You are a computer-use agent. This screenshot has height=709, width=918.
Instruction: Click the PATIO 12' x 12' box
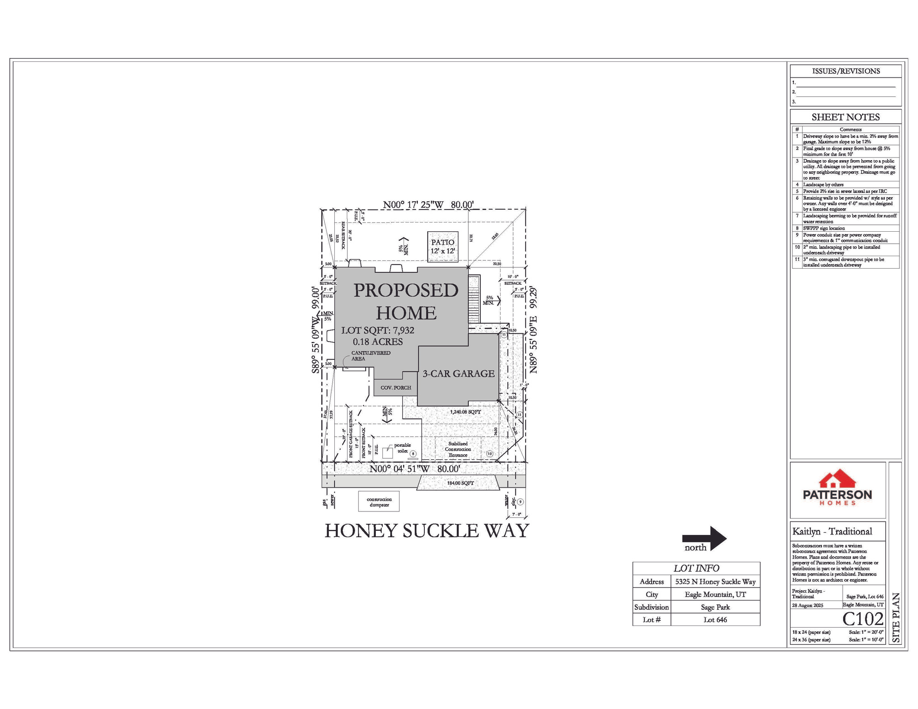tap(442, 246)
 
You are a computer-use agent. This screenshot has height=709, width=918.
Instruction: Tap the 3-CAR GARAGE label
tap(458, 373)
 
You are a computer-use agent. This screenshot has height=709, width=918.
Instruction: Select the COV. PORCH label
tap(395, 387)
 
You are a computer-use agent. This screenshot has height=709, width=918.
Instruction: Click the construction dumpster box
tap(379, 501)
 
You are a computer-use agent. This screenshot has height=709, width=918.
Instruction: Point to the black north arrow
tap(704, 538)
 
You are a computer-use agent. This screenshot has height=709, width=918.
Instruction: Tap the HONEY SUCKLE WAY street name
tap(426, 530)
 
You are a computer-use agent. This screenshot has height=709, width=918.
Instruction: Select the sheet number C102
tap(863, 619)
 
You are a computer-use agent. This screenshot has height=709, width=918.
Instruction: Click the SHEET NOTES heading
tap(846, 117)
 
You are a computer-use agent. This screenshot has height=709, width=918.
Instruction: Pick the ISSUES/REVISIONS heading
tap(846, 71)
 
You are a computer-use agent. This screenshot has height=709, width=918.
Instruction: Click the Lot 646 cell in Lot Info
tap(715, 619)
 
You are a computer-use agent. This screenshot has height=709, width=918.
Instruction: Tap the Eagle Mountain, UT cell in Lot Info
tap(715, 594)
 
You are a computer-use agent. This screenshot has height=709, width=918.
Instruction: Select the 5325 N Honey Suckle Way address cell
tap(715, 582)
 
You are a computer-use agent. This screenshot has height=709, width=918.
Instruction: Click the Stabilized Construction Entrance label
tap(458, 449)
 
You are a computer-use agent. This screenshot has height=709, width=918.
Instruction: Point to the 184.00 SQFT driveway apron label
tap(460, 483)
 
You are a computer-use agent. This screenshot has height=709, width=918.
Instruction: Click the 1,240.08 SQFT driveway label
tap(465, 411)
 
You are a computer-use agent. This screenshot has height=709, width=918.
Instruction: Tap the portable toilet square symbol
tap(387, 453)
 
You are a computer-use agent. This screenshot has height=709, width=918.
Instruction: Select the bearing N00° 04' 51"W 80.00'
tap(414, 469)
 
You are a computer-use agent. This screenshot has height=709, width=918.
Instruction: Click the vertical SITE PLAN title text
tap(895, 617)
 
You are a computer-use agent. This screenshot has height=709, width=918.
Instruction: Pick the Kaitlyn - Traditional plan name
tap(832, 531)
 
